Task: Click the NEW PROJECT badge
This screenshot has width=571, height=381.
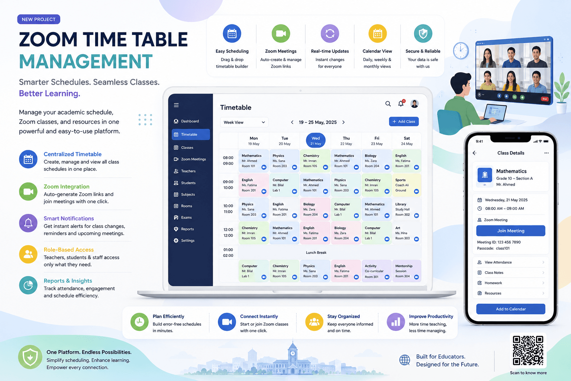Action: click(39, 19)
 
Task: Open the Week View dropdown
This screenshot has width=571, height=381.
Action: click(244, 122)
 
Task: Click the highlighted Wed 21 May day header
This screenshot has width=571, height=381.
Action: click(316, 140)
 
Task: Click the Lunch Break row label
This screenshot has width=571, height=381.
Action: click(316, 252)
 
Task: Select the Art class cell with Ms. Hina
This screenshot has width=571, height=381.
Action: click(407, 233)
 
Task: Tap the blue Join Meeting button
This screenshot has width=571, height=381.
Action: click(510, 231)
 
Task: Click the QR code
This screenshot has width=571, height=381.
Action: click(528, 350)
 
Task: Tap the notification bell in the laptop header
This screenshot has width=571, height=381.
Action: click(401, 103)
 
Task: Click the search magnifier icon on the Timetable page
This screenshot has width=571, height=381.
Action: click(388, 103)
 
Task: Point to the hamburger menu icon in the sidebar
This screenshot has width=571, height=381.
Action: click(176, 105)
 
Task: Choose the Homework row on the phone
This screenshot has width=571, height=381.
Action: click(511, 283)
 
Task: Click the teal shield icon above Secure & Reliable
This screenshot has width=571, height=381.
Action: click(423, 33)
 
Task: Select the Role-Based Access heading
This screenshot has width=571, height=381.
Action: click(68, 250)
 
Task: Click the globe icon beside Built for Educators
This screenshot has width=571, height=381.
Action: click(404, 360)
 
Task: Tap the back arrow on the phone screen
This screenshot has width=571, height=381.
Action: click(474, 153)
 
